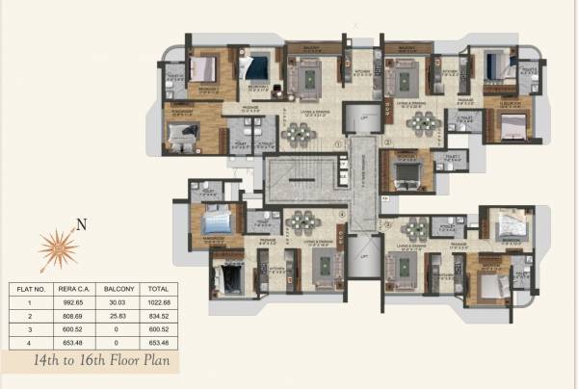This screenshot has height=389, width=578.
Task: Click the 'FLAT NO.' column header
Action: (30, 288)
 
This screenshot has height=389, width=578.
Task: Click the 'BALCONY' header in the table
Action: (120, 288)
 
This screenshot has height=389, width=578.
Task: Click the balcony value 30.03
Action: (120, 301)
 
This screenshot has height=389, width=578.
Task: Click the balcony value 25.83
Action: (120, 314)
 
